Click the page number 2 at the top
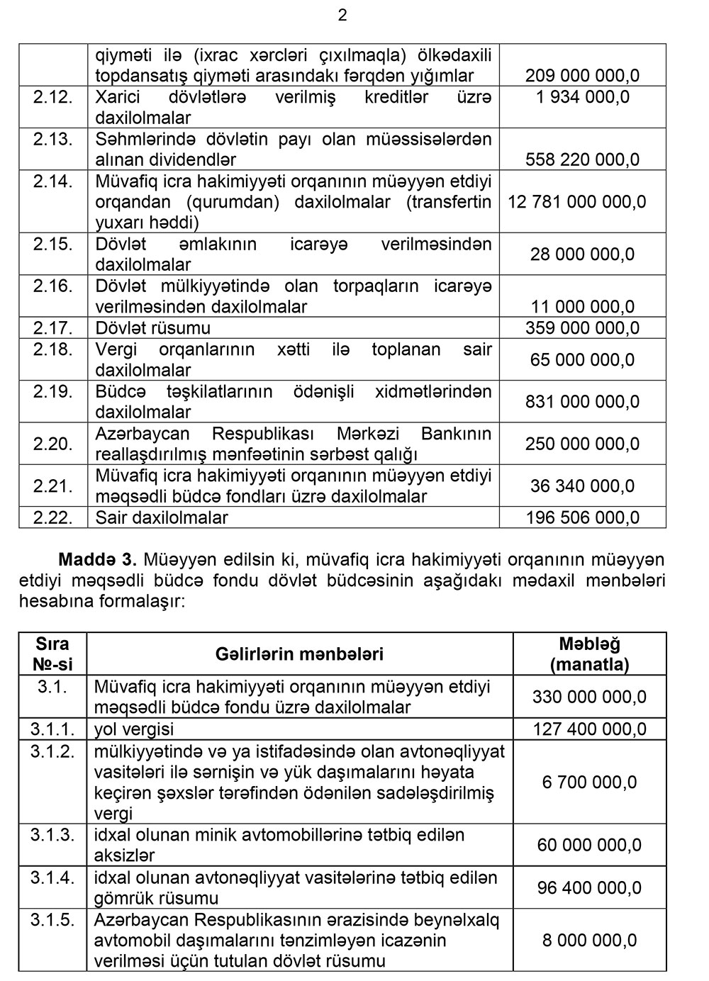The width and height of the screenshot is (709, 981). tap(342, 16)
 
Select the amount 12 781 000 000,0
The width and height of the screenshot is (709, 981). tap(576, 202)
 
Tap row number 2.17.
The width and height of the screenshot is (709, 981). tap(53, 328)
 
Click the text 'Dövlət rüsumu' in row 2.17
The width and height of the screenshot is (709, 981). tap(152, 328)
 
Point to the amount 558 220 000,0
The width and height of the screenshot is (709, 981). tap(582, 160)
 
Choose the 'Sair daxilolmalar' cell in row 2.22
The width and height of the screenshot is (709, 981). tap(162, 518)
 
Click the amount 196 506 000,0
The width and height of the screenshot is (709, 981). tap(582, 518)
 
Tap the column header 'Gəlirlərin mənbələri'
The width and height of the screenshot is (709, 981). tap(299, 654)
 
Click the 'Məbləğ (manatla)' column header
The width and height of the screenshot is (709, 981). tap(589, 654)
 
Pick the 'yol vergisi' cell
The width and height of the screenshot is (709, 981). tap(134, 729)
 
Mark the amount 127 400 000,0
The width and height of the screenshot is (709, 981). tap(589, 729)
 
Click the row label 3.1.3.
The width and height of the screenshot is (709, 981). tap(52, 835)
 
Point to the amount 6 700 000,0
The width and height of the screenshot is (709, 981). tap(589, 783)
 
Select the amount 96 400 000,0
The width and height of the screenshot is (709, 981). tap(589, 888)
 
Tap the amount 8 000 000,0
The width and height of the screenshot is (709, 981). tap(589, 941)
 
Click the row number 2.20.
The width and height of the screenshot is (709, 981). tap(53, 444)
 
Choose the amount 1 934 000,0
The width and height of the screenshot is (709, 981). tap(582, 97)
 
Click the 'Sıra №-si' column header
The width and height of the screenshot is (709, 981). tap(52, 654)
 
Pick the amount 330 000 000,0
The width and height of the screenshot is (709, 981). tap(589, 697)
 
